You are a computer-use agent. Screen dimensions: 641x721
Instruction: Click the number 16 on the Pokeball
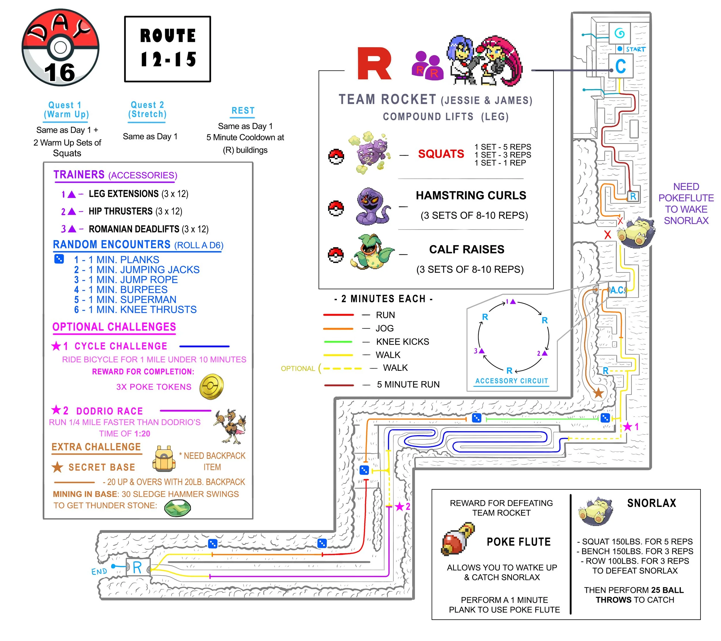[x=60, y=73]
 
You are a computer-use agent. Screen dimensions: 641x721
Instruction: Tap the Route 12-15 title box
[x=168, y=49]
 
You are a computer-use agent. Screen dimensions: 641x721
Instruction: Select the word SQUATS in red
[x=441, y=154]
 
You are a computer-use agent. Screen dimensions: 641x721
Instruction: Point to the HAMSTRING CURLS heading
[x=471, y=195]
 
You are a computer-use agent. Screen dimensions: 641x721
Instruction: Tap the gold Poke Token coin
[x=211, y=387]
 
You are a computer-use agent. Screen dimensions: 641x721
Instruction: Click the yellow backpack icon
[x=164, y=459]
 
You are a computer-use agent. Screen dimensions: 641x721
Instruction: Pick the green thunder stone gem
[x=177, y=508]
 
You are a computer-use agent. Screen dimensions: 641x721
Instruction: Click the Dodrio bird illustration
[x=230, y=426]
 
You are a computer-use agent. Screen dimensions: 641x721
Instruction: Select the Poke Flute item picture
[x=457, y=540]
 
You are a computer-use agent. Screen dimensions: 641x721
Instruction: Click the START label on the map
[x=636, y=49]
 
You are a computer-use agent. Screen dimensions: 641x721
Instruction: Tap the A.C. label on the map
[x=617, y=290]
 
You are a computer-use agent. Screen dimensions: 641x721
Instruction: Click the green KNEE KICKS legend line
[x=337, y=342]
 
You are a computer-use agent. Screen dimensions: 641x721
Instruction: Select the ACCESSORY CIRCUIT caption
[x=511, y=381]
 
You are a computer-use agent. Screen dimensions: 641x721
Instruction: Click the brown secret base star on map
[x=598, y=393]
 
